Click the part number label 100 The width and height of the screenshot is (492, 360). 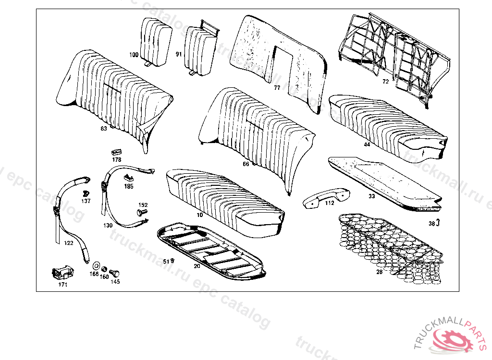(x=133, y=55)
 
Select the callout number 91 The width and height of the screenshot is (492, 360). (x=178, y=54)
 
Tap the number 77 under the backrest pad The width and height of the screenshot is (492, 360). (x=277, y=88)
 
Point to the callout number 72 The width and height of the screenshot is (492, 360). (x=385, y=82)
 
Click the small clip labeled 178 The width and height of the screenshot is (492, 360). (x=115, y=152)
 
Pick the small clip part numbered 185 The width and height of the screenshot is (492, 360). (x=128, y=178)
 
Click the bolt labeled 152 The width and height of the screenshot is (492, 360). (x=142, y=212)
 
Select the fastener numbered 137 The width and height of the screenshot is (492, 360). (x=86, y=193)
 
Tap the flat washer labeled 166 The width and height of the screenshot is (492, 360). (x=95, y=265)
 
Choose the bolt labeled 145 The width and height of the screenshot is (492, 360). (x=115, y=273)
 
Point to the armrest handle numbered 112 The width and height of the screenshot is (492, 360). (x=325, y=197)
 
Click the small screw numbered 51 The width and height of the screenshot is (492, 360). (x=172, y=261)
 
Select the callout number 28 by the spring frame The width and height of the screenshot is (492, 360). (x=380, y=272)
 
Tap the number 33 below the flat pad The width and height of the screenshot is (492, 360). (x=372, y=196)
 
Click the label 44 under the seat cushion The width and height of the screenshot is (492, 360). (x=367, y=144)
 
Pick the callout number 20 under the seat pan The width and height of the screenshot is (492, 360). (x=197, y=266)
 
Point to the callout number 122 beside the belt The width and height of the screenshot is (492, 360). (x=69, y=243)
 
